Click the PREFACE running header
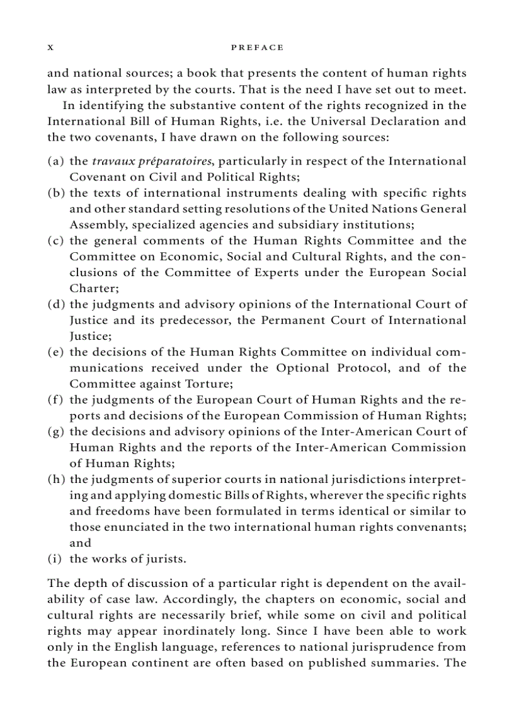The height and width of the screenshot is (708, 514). [x=258, y=47]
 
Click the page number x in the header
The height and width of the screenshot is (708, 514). [x=50, y=48]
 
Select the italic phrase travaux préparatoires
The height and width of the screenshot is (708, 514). [x=152, y=161]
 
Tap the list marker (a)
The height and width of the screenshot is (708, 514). [x=56, y=161]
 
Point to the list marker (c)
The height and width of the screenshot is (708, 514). [x=56, y=241]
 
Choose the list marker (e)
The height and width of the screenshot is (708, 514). [x=56, y=352]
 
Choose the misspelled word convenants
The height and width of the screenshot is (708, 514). [x=431, y=527]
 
